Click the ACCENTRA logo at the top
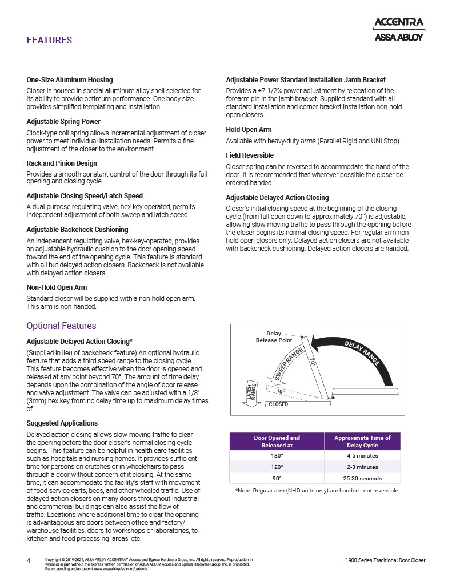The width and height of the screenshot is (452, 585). tap(398, 22)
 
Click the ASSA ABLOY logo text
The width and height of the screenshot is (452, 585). tap(398, 38)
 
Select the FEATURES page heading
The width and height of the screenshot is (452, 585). tap(49, 41)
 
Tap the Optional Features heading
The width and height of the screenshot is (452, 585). tap(61, 326)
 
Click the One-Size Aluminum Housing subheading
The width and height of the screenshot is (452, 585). tap(70, 80)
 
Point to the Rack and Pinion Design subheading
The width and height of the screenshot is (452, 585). tap(62, 163)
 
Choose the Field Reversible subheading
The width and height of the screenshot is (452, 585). tap(250, 155)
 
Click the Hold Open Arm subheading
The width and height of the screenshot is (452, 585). tap(249, 130)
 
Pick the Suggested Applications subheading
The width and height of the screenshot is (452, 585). tap(62, 423)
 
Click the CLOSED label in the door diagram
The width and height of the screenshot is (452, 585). tap(278, 404)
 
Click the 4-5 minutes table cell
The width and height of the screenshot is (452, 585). tap(362, 456)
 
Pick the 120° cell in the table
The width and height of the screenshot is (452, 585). tap(277, 467)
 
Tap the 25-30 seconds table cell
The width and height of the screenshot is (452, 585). tap(362, 478)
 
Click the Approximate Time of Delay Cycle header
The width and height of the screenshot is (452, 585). tap(362, 442)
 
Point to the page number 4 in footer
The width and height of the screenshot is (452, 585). tap(29, 560)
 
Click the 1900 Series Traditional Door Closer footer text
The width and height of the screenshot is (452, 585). tap(385, 560)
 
